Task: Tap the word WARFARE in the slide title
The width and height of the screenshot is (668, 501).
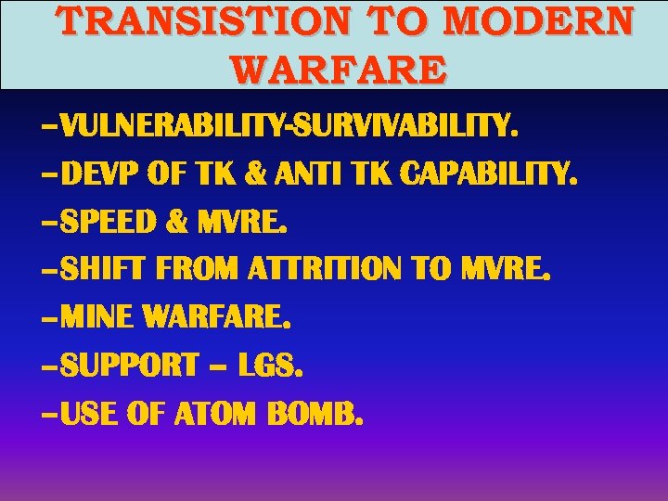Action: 339,69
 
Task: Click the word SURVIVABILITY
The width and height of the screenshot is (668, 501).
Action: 403,125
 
